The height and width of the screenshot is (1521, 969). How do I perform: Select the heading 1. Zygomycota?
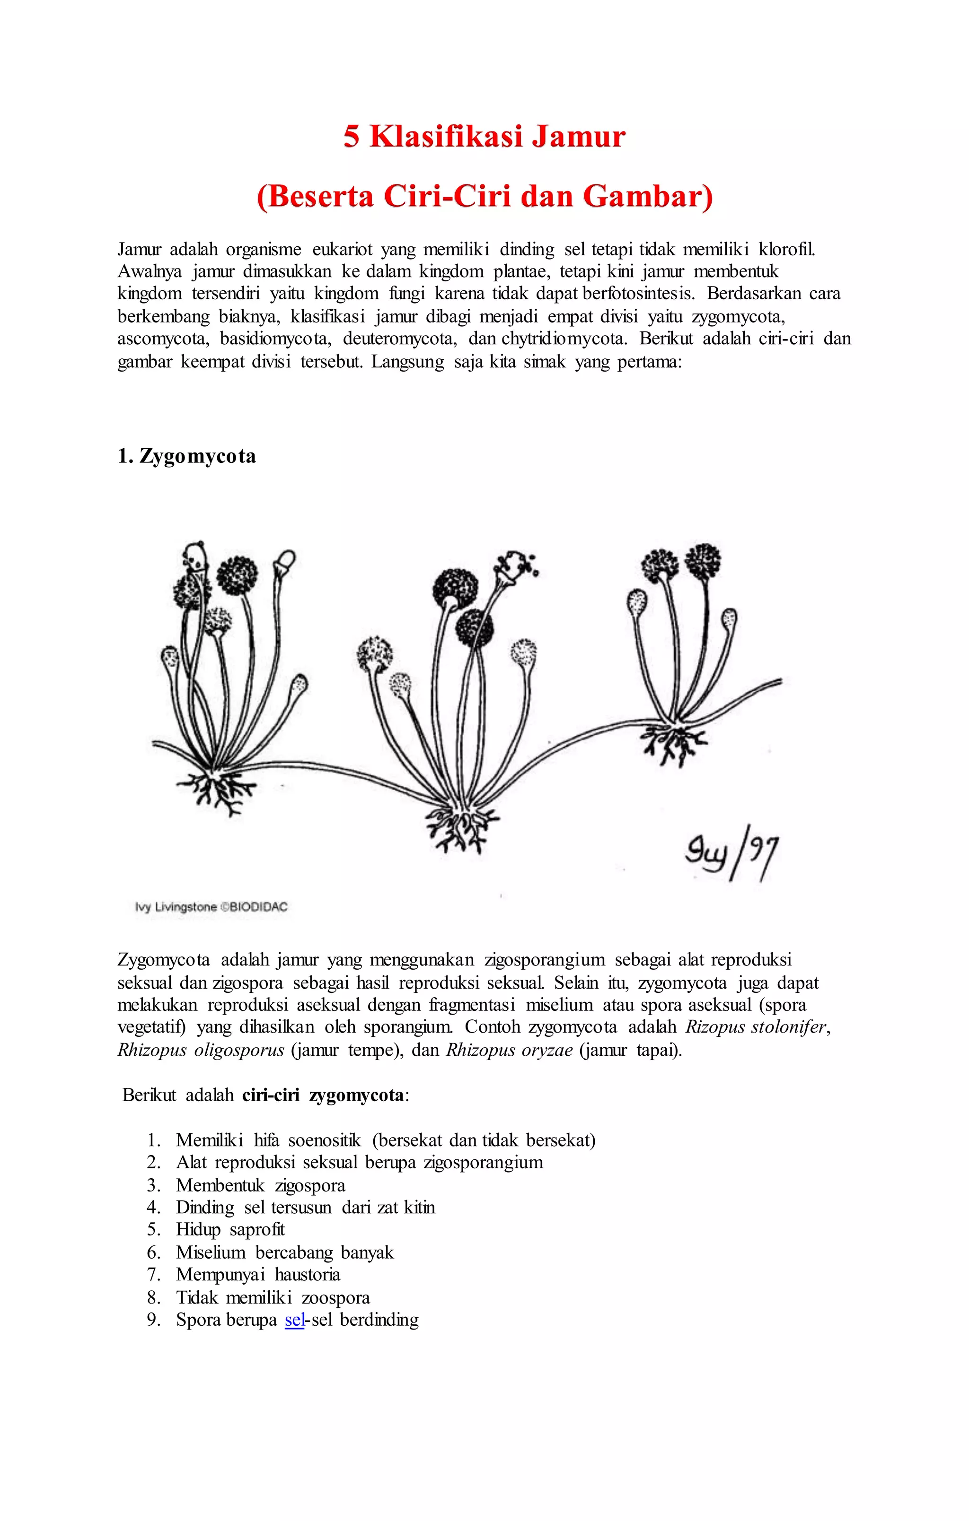pos(186,456)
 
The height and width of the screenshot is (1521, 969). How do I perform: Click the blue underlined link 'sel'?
pos(295,1320)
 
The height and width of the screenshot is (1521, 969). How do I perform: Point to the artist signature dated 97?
pos(731,853)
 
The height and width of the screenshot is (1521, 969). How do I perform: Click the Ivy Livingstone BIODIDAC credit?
pos(211,907)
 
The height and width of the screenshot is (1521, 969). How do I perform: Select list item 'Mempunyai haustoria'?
pos(258,1275)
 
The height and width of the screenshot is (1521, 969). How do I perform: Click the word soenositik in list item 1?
pos(324,1140)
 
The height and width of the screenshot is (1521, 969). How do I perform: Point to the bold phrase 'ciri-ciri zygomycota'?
pos(322,1095)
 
